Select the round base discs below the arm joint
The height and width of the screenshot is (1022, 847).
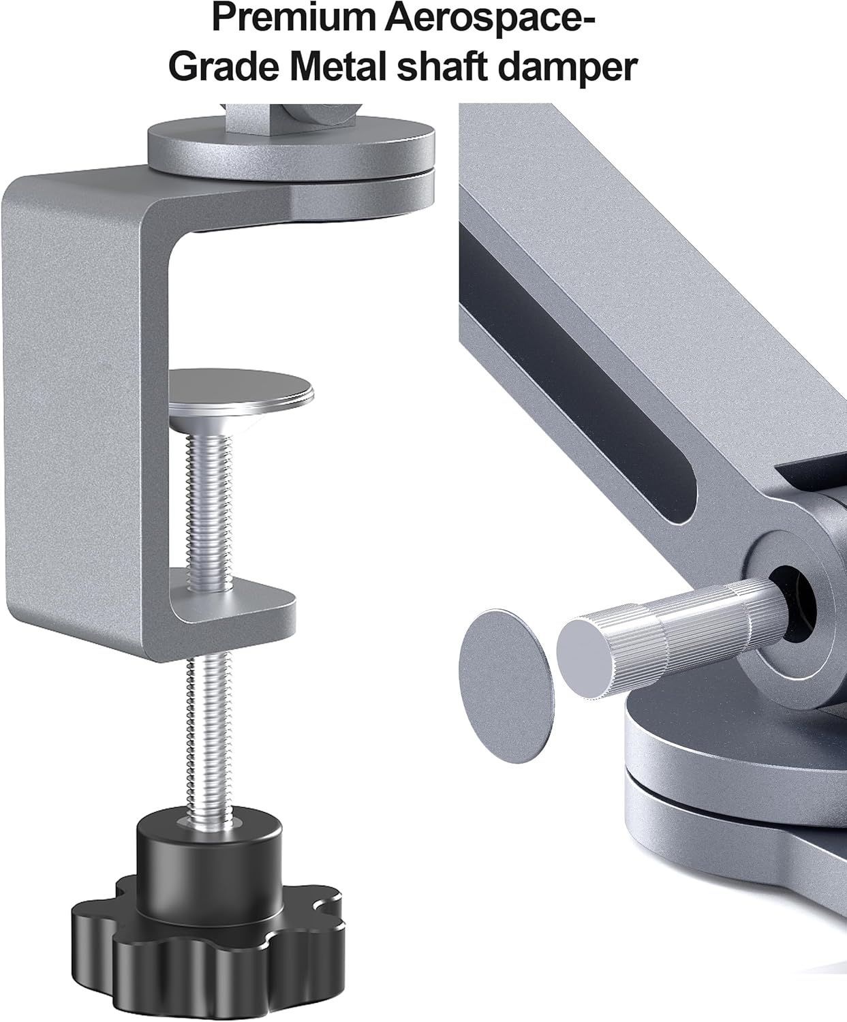pyautogui.click(x=736, y=784)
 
